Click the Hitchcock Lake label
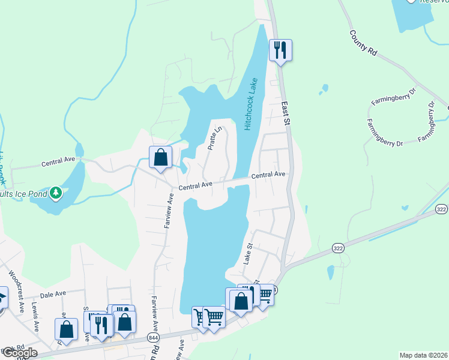point(251,104)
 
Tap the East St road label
point(286,113)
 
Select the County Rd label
point(363,43)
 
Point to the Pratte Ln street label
point(214,137)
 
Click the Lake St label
point(247,254)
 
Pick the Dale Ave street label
point(53,295)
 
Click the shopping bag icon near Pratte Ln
point(161,158)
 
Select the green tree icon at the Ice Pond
point(56,192)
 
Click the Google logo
point(19,352)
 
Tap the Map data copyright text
point(423,355)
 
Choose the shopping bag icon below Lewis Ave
point(66,329)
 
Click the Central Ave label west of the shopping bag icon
point(58,162)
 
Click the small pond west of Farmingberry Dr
point(324,89)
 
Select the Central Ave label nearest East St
point(268,175)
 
